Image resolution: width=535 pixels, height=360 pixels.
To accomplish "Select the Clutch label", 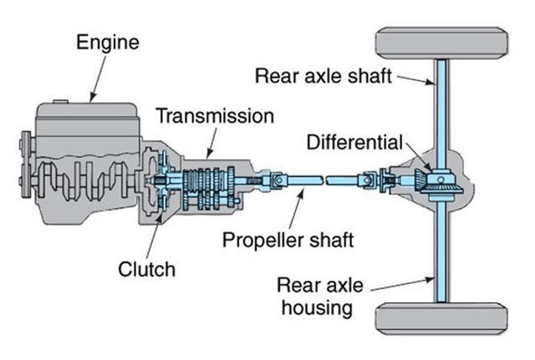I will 147,269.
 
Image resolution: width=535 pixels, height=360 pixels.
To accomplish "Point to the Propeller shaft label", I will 288,240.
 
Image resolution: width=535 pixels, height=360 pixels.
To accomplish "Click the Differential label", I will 354,141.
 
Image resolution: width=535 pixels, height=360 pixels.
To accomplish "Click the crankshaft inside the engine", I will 84,180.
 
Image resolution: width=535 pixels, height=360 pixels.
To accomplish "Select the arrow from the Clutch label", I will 151,233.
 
